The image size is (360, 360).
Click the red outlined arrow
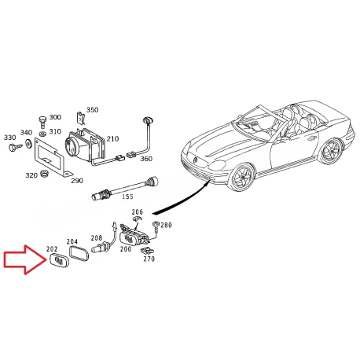25,259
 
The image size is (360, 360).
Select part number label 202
52,249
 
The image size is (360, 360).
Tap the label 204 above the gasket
72,241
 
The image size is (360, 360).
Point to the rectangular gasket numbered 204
79,254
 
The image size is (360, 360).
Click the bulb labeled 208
101,248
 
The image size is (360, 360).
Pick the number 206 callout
138,211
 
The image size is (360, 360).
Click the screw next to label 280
156,226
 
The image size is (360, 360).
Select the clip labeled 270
146,251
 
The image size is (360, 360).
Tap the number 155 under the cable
127,197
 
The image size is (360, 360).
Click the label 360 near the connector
146,159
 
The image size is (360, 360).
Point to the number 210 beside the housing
112,138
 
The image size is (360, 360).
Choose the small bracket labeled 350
81,117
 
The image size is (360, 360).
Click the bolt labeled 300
42,123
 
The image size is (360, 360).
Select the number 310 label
55,131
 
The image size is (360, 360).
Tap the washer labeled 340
28,144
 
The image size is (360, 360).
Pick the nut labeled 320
45,174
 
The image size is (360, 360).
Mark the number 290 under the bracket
77,181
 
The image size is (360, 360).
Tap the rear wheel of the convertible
331,152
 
